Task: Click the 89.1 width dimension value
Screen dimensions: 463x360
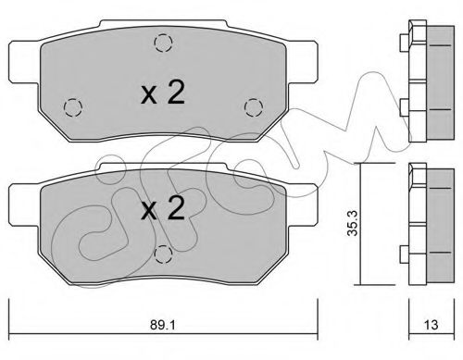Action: click(x=163, y=325)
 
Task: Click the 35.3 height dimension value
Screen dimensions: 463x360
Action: click(x=353, y=223)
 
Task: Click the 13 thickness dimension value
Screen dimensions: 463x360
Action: click(x=431, y=325)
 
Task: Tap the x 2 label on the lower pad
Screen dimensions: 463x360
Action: click(x=163, y=207)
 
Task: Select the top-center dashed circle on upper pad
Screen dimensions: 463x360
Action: click(x=163, y=43)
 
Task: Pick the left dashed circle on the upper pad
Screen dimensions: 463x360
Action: click(x=73, y=107)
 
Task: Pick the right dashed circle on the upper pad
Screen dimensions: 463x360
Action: click(x=254, y=107)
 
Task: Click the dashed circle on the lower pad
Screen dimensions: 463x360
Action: click(x=163, y=254)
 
